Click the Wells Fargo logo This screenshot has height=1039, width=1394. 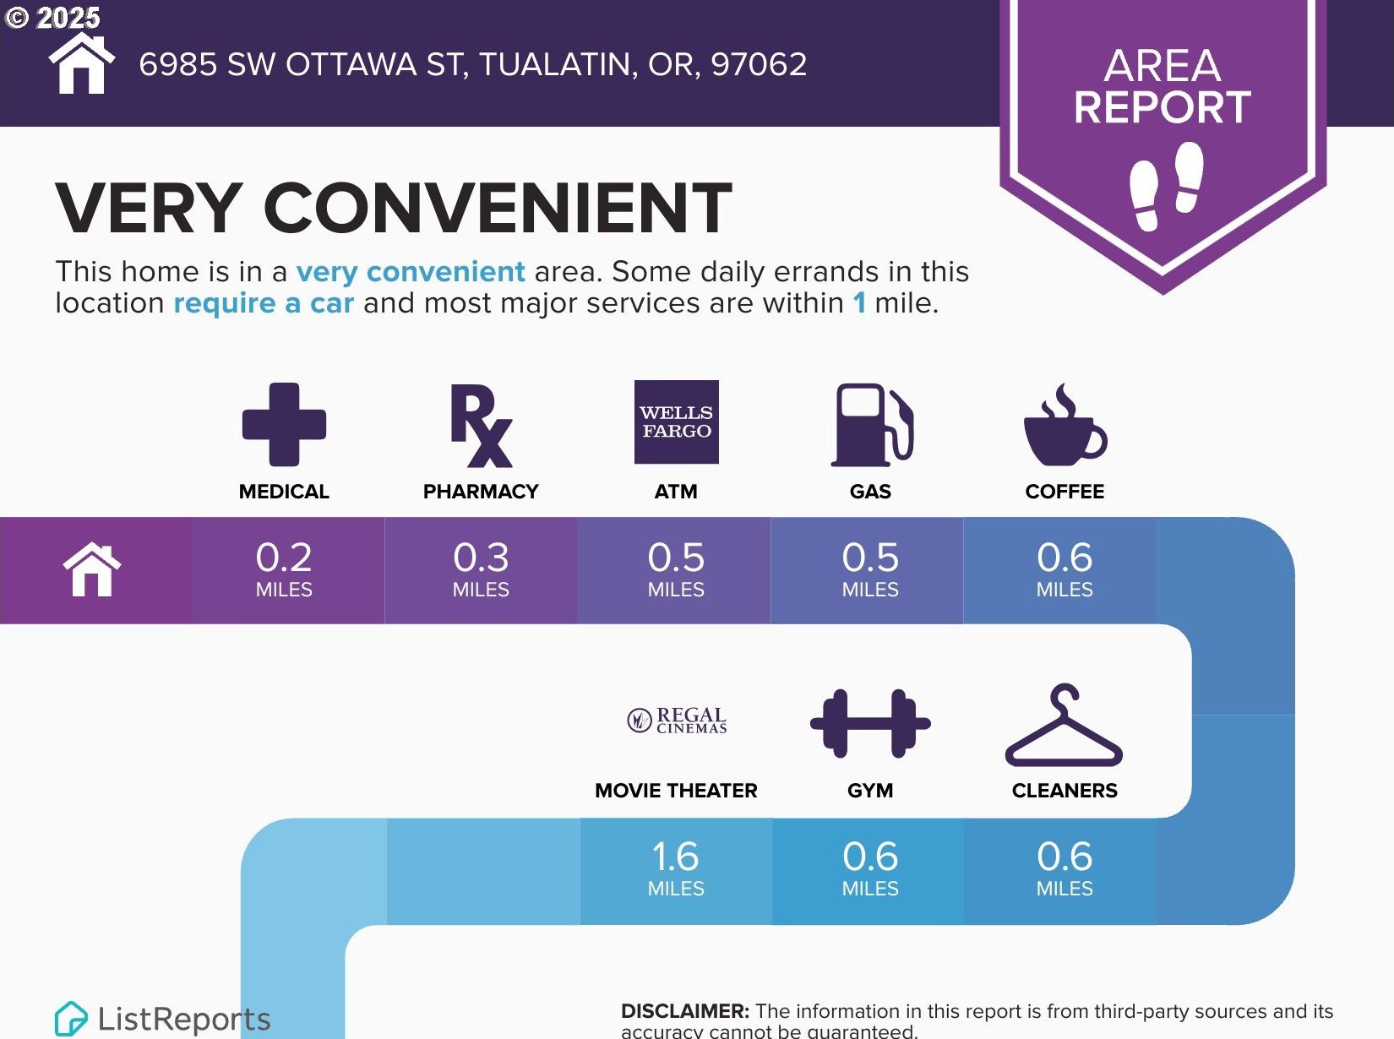click(677, 422)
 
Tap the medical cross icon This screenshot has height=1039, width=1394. click(284, 424)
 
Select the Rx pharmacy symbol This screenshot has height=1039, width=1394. click(481, 425)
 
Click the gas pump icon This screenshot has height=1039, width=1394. click(872, 425)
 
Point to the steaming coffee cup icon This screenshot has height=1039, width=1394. click(1065, 424)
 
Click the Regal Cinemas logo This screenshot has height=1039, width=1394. click(677, 721)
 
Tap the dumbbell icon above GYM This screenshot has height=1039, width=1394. click(870, 724)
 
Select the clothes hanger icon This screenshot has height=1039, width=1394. click(1064, 725)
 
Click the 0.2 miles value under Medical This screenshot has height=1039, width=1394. click(284, 568)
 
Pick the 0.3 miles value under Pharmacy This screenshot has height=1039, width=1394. click(481, 568)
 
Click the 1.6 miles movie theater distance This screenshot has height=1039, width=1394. click(676, 868)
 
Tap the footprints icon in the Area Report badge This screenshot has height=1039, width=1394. click(1167, 186)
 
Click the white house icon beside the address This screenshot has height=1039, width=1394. click(82, 63)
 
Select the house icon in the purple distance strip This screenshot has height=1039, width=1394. click(92, 569)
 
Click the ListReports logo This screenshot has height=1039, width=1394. click(162, 1018)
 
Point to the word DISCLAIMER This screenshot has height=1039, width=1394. click(684, 1011)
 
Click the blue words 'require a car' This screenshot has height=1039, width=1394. click(264, 302)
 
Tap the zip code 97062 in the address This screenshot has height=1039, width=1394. click(759, 64)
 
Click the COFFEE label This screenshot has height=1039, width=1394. click(1065, 492)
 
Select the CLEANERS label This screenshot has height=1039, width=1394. click(1065, 790)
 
